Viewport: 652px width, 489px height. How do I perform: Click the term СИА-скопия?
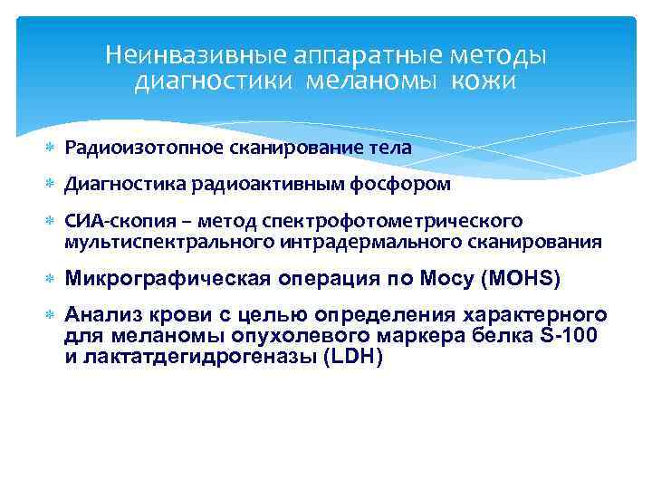click(x=107, y=222)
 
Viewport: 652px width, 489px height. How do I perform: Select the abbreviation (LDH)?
click(x=350, y=357)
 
